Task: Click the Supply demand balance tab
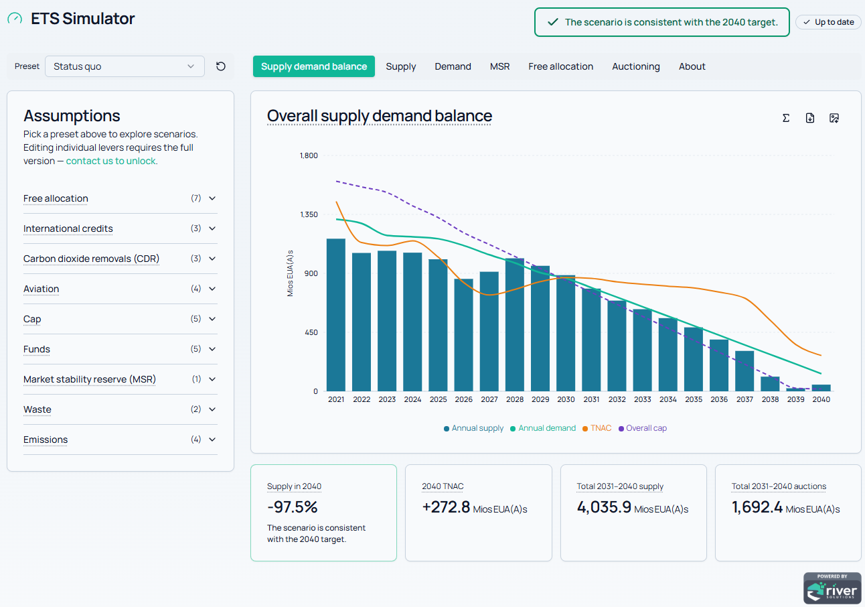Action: [x=313, y=66]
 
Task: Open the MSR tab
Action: [x=499, y=66]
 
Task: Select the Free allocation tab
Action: [x=560, y=66]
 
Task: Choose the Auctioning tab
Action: [x=636, y=66]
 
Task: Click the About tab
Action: [x=692, y=66]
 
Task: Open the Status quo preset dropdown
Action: [x=125, y=66]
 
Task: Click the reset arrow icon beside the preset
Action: [x=220, y=66]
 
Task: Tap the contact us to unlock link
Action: [x=111, y=161]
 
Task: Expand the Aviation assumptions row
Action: [x=212, y=289]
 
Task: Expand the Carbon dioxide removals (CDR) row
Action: [x=212, y=259]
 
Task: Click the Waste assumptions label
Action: [x=37, y=409]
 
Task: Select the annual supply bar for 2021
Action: [x=336, y=315]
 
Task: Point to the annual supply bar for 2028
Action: [x=515, y=324]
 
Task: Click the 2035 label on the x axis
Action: [x=694, y=399]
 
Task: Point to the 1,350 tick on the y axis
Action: [x=309, y=214]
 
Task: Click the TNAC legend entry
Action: [x=597, y=428]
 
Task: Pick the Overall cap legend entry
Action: [x=643, y=428]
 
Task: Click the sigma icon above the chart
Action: [x=786, y=118]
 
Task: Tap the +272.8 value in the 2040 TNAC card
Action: [x=446, y=507]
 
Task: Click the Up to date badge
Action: [x=829, y=22]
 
